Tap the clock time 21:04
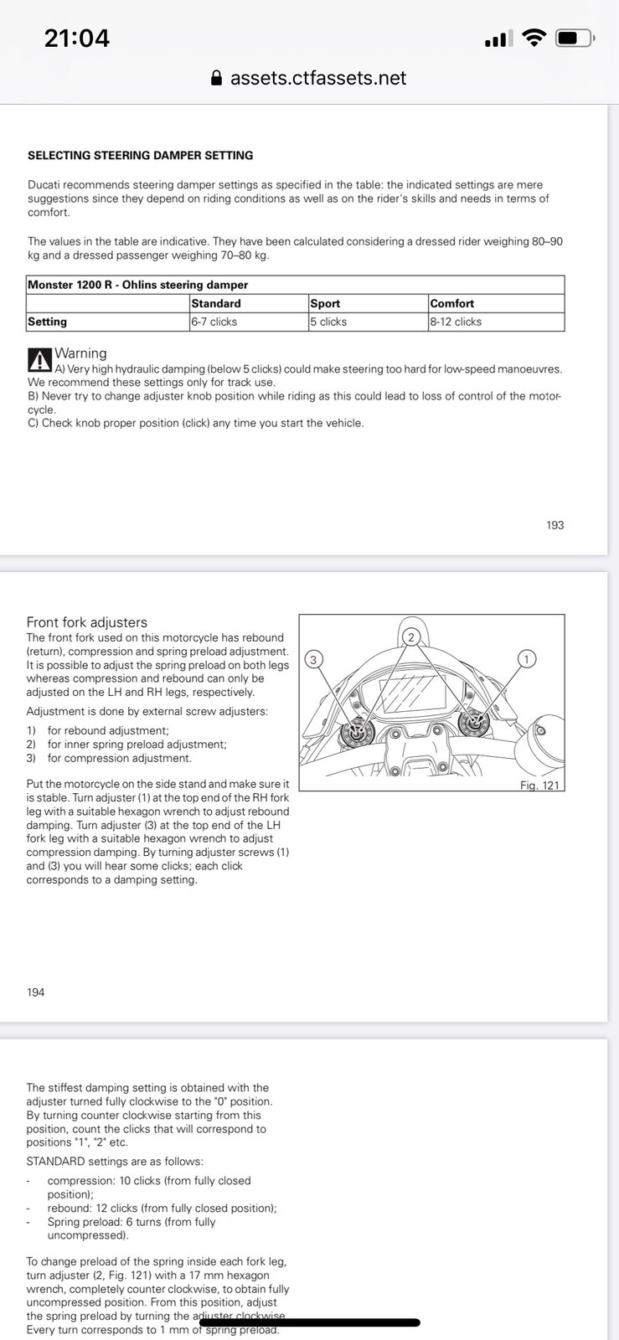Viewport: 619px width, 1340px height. (x=76, y=38)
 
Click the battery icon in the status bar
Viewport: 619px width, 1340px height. (x=575, y=38)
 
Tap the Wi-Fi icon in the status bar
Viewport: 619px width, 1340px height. (x=533, y=38)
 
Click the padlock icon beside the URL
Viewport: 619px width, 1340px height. (x=216, y=79)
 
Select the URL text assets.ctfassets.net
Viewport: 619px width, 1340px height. (x=318, y=79)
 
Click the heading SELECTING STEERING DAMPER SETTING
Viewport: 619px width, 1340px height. (x=140, y=155)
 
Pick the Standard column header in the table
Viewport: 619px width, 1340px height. (x=216, y=303)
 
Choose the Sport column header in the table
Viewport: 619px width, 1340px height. (x=325, y=303)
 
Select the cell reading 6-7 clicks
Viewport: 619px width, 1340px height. (x=214, y=322)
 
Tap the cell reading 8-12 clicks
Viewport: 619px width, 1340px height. (x=456, y=322)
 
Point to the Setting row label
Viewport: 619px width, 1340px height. (x=47, y=322)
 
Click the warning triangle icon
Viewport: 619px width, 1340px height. (x=39, y=360)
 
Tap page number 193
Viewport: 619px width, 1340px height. (x=555, y=525)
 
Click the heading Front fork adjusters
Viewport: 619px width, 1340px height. (x=87, y=622)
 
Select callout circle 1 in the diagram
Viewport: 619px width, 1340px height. (x=526, y=659)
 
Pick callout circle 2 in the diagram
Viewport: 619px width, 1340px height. (x=410, y=637)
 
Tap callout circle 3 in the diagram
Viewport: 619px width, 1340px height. (x=313, y=659)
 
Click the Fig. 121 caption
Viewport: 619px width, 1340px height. (x=539, y=785)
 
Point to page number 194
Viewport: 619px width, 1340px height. (x=35, y=992)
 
